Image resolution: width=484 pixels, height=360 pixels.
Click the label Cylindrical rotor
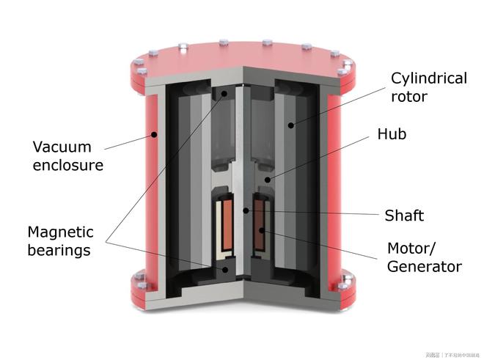click(x=428, y=87)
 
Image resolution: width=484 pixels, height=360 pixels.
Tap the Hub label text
click(x=392, y=134)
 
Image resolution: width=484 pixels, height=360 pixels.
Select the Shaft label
click(x=404, y=216)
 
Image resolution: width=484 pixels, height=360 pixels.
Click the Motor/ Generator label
click(x=424, y=256)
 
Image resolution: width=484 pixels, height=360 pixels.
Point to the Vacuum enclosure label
click(x=67, y=155)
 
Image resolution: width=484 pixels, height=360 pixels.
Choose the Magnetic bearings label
click(x=60, y=241)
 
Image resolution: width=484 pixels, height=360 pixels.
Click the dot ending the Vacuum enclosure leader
click(x=153, y=135)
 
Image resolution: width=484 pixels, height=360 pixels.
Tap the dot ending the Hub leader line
click(x=268, y=178)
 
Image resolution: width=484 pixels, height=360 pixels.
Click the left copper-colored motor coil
click(x=227, y=227)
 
